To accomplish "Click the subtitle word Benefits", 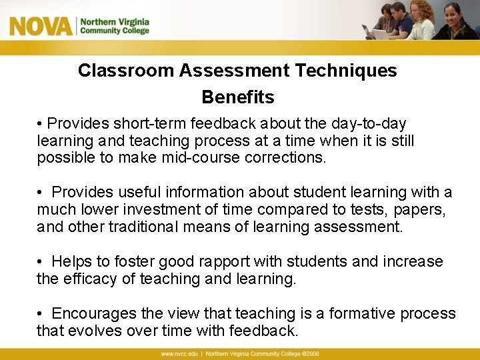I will [238, 97].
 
